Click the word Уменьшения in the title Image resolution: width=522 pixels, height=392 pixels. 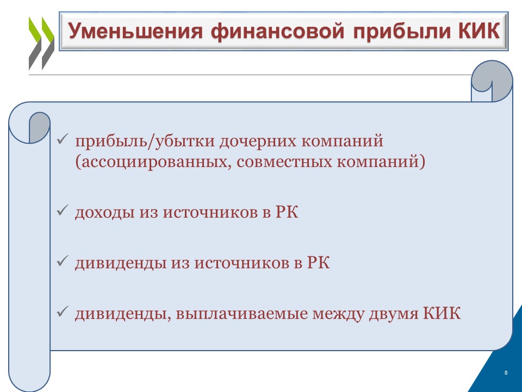point(135,31)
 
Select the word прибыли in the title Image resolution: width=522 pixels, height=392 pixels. point(401,32)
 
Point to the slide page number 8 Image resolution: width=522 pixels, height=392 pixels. point(506,372)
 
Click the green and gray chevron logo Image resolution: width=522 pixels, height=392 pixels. point(42,44)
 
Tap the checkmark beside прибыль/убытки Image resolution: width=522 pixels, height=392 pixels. point(62,139)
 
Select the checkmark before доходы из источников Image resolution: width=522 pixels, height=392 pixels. point(62,210)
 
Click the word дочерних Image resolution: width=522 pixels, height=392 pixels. point(258,140)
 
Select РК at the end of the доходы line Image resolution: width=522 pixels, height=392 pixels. point(287,211)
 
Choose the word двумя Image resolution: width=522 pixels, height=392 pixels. point(393,314)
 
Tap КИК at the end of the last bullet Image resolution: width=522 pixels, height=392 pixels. point(442,314)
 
